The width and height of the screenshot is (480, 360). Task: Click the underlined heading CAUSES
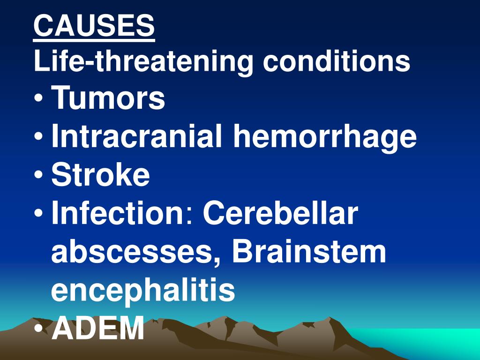94,26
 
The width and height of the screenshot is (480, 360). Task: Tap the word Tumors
108,99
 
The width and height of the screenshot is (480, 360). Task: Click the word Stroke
101,175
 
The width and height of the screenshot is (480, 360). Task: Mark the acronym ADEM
98,328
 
